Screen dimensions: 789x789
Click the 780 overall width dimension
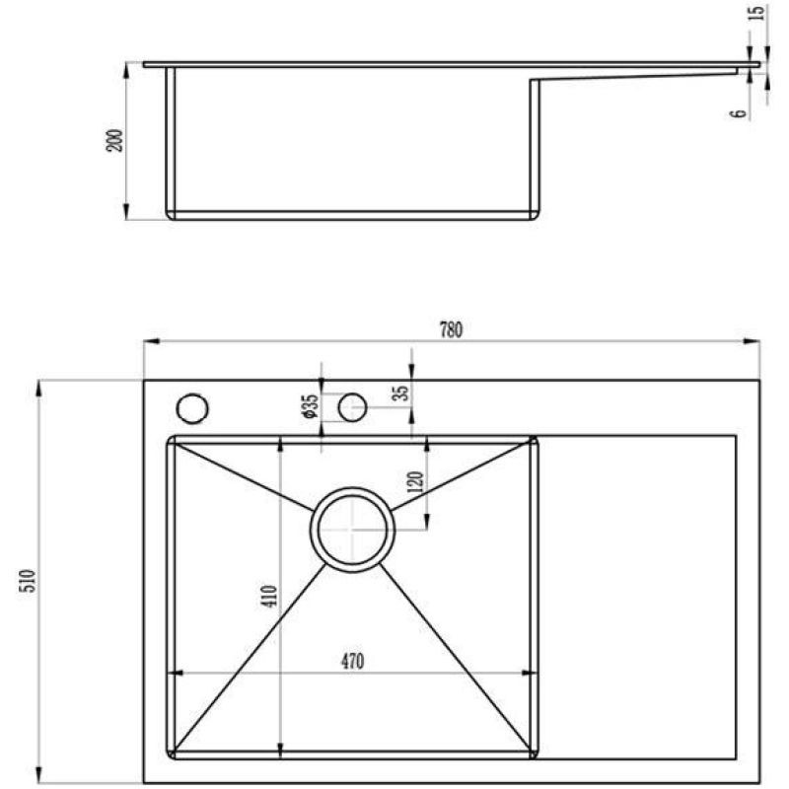click(x=451, y=330)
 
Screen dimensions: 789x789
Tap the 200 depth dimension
click(x=114, y=140)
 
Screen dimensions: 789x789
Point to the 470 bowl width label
click(x=352, y=661)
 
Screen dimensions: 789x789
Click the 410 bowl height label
click(x=269, y=596)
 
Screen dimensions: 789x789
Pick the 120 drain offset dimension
click(x=416, y=482)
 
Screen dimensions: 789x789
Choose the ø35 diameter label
click(x=310, y=405)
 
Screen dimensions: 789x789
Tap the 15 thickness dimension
click(x=756, y=12)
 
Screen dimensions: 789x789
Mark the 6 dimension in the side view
click(x=738, y=113)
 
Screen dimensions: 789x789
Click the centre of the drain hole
click(x=352, y=530)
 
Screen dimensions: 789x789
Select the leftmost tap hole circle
click(x=192, y=407)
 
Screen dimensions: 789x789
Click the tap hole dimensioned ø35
click(x=352, y=407)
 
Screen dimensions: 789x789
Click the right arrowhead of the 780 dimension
click(x=753, y=341)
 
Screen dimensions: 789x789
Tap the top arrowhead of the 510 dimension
click(x=39, y=388)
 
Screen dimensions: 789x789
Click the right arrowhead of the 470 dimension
click(x=530, y=673)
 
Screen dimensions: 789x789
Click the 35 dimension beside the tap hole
click(x=401, y=393)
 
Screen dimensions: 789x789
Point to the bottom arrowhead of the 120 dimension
click(x=427, y=522)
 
